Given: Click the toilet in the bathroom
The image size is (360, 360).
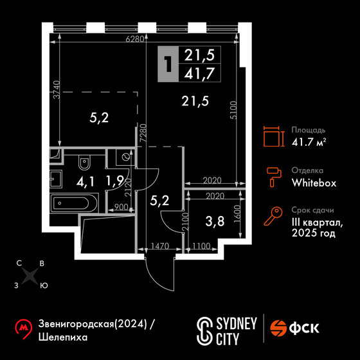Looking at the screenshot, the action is (84, 163).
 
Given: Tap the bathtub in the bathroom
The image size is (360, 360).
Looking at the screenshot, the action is (74, 203).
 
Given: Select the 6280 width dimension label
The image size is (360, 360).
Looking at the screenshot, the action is (135, 39).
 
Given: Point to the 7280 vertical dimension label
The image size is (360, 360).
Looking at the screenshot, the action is (143, 133).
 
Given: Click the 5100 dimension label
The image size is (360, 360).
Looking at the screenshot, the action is (233, 110).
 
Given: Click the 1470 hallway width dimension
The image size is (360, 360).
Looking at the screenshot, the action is (160, 246).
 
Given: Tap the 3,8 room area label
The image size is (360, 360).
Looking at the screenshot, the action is (215, 221).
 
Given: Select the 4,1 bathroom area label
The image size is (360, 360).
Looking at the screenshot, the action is (85, 183).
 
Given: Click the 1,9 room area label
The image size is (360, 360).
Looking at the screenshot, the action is (115, 181).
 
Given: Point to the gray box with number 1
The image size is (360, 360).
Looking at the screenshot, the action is (168, 64).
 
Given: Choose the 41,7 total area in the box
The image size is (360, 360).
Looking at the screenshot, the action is (199, 73).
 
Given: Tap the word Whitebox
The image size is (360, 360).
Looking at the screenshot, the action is (314, 183).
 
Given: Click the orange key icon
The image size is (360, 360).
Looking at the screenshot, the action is (273, 216).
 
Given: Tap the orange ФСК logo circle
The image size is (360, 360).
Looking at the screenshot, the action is (278, 328).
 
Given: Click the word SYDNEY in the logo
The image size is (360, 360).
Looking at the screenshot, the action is (237, 324).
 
